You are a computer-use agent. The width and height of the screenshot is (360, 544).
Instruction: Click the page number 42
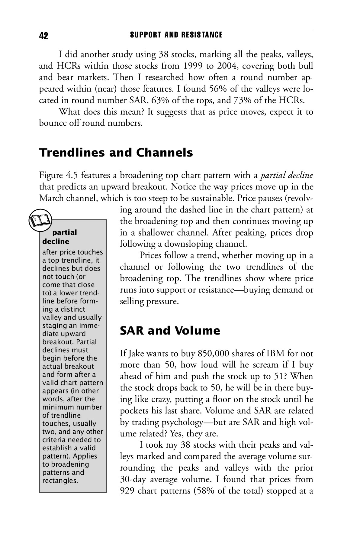tap(44, 36)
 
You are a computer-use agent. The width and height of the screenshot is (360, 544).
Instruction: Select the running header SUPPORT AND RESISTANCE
tap(176, 35)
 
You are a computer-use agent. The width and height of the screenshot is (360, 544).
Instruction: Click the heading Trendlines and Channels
tap(116, 153)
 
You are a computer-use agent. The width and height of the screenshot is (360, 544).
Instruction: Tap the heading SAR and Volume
tap(170, 330)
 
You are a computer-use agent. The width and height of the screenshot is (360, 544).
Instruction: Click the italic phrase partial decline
tap(287, 175)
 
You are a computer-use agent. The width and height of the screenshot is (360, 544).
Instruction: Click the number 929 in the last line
tap(127, 491)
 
